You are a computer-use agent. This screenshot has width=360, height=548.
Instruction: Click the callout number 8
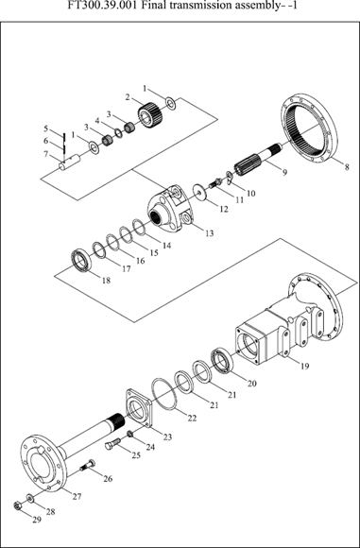pyautogui.click(x=347, y=167)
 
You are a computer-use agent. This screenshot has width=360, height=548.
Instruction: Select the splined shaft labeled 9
pyautogui.click(x=259, y=160)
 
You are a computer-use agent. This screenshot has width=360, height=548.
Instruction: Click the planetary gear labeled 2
pyautogui.click(x=150, y=114)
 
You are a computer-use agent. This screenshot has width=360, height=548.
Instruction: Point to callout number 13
pyautogui.click(x=210, y=232)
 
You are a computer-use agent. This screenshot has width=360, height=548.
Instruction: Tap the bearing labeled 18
pyautogui.click(x=81, y=261)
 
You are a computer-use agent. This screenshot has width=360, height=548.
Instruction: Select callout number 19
pyautogui.click(x=305, y=366)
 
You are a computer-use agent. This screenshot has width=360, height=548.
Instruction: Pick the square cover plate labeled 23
pyautogui.click(x=138, y=408)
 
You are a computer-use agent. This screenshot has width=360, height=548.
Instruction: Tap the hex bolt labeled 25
pyautogui.click(x=112, y=444)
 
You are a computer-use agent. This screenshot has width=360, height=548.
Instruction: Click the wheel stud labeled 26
pyautogui.click(x=88, y=465)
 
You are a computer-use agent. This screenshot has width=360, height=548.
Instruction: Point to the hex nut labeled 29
pyautogui.click(x=16, y=505)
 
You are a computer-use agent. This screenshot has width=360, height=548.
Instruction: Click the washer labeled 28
pyautogui.click(x=30, y=498)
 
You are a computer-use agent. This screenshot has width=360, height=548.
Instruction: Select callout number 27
pyautogui.click(x=77, y=496)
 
